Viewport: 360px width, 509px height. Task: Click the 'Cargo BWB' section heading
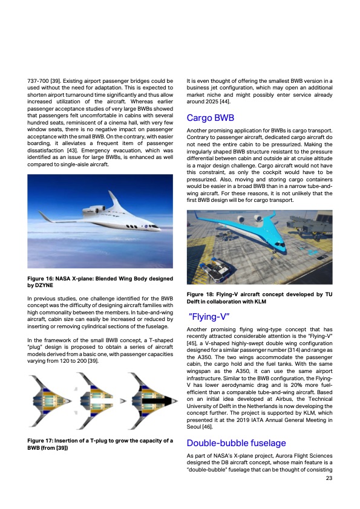211,118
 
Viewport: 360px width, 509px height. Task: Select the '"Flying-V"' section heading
209,316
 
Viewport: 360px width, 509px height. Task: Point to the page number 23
329,479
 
